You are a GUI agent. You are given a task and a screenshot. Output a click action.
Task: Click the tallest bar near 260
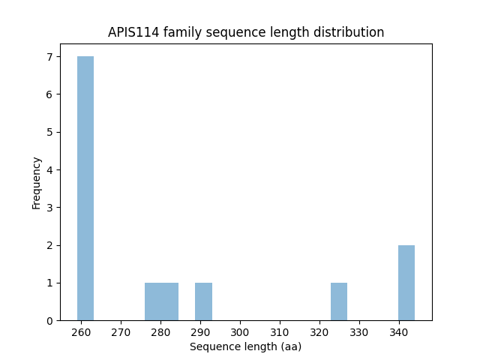(x=85, y=188)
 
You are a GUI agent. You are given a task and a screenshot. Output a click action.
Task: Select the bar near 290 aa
(x=203, y=301)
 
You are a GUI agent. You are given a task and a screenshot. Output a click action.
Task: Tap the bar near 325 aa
(x=339, y=301)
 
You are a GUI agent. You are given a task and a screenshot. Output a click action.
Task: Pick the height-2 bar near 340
(x=406, y=283)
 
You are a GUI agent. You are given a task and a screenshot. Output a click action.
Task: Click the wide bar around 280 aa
(x=161, y=301)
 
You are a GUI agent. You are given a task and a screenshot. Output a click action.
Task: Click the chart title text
(x=246, y=32)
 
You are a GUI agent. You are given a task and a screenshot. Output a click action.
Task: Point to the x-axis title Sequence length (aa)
(x=246, y=346)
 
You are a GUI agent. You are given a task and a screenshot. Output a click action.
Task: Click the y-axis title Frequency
(x=37, y=182)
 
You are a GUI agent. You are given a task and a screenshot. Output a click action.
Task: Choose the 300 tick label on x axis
(x=240, y=331)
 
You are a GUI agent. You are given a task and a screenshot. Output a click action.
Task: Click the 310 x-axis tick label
(x=280, y=331)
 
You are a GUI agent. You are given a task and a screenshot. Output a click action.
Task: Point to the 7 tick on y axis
(x=49, y=57)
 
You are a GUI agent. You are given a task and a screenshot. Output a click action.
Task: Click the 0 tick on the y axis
(x=49, y=320)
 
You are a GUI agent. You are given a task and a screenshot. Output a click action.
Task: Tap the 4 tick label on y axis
(x=49, y=169)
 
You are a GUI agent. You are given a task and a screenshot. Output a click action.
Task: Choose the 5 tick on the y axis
(x=49, y=132)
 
